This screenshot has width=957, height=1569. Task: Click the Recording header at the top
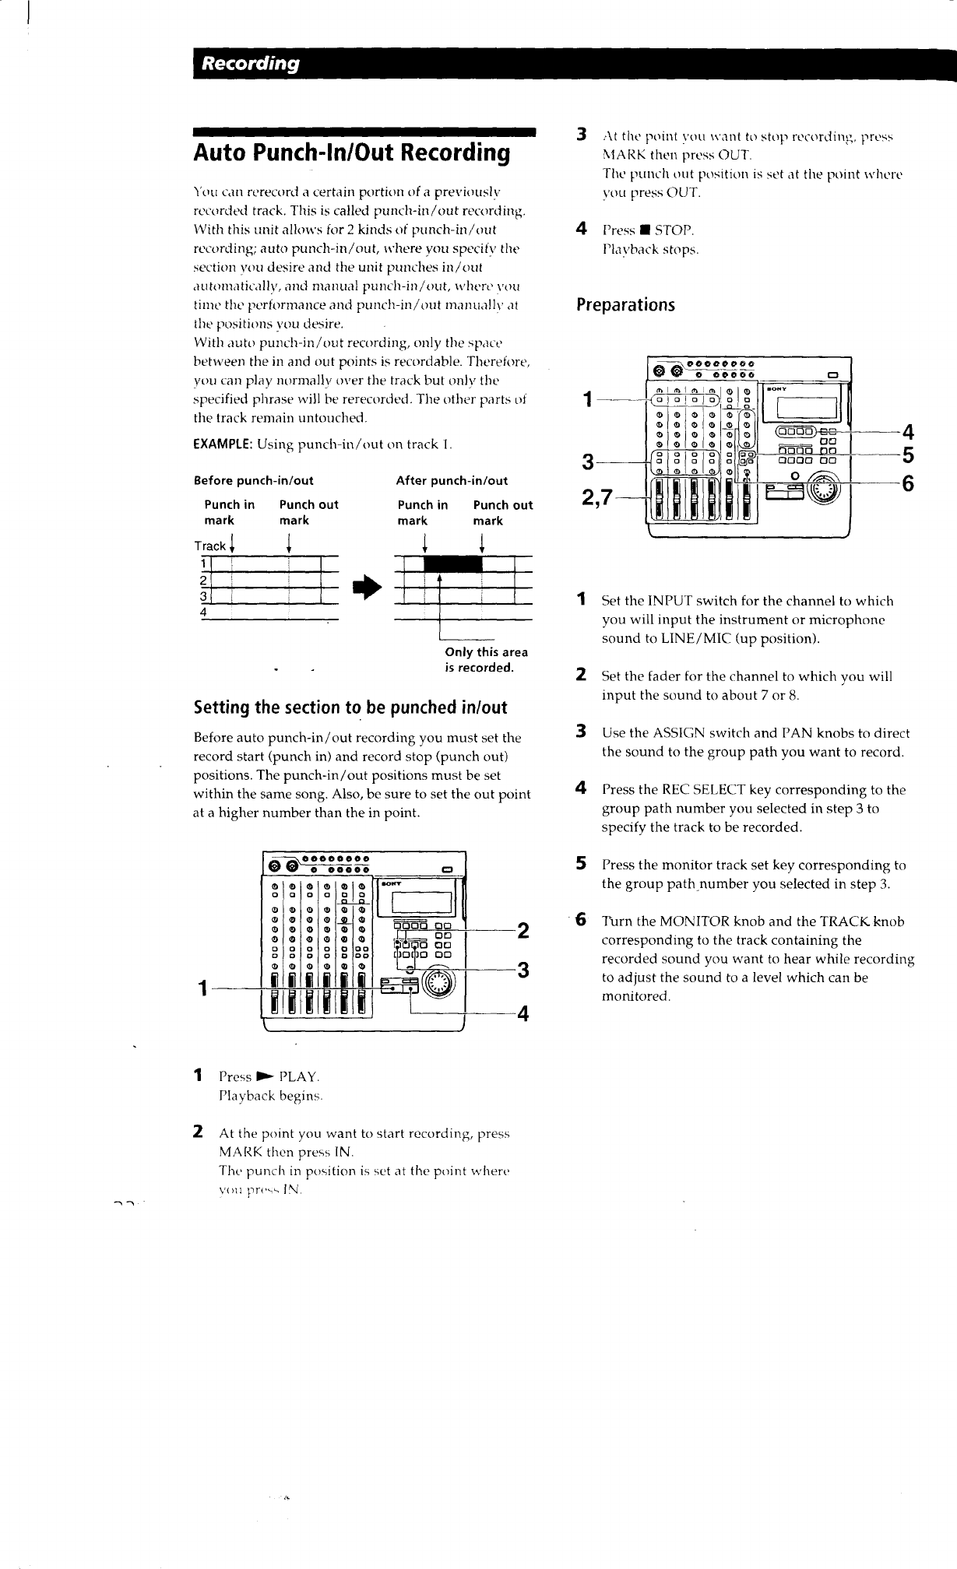pos(251,64)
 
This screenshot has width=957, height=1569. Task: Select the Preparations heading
pos(625,304)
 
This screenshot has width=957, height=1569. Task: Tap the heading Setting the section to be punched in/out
pos(350,707)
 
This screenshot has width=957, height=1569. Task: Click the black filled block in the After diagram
pos(452,563)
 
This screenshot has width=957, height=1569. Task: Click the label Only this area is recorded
pos(486,660)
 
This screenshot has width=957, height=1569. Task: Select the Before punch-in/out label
pos(253,480)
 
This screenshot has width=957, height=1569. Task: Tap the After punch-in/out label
pos(452,480)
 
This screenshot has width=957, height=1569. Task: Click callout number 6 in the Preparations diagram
pos(906,485)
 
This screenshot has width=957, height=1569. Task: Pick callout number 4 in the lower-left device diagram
pos(523,1013)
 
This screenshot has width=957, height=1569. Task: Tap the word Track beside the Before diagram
pos(210,546)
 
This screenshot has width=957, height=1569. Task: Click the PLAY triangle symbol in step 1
pos(264,1077)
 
